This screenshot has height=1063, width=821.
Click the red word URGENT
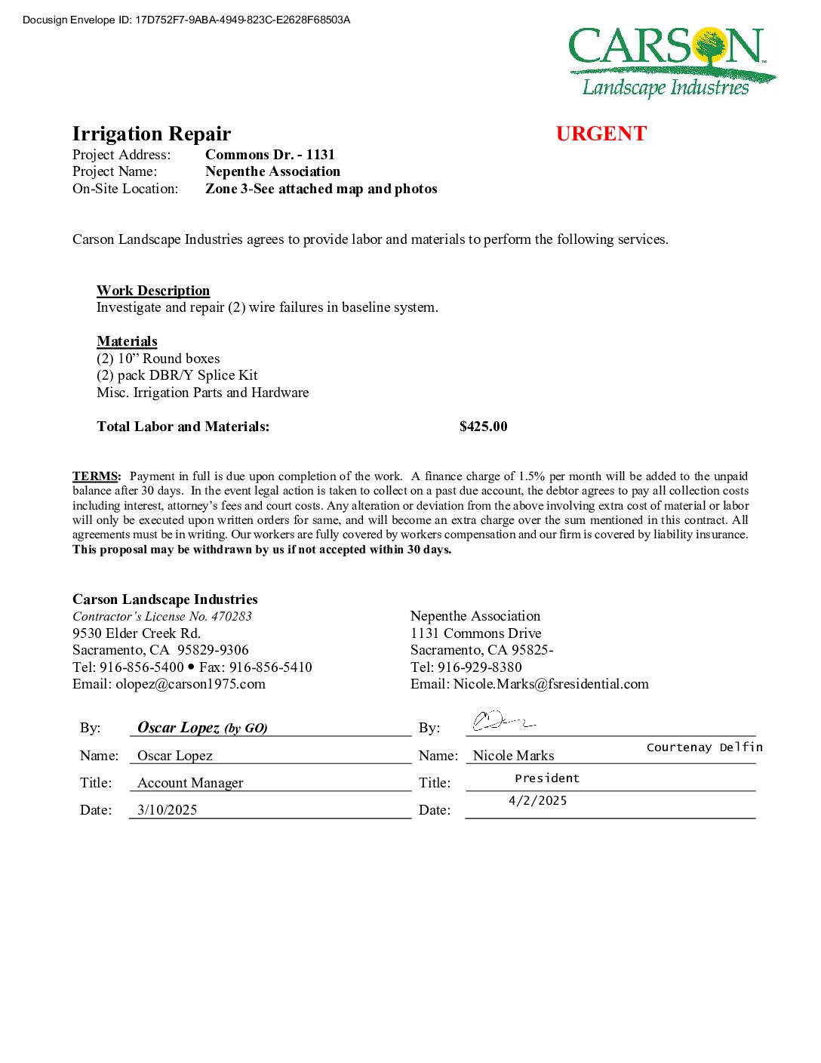click(601, 134)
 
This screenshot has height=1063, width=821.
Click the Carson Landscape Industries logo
click(671, 63)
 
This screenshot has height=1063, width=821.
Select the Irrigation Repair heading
click(152, 134)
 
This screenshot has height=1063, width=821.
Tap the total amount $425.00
click(483, 427)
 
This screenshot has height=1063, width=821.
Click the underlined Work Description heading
click(153, 291)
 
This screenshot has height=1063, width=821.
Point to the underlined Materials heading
click(127, 341)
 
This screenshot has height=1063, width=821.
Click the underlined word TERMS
click(96, 476)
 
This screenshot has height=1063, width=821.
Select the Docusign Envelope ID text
click(186, 20)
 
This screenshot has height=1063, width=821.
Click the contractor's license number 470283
click(232, 616)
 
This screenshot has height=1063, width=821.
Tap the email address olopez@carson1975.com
click(190, 684)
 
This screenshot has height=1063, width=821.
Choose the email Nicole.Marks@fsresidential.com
click(551, 684)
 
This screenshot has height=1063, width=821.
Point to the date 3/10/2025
click(168, 810)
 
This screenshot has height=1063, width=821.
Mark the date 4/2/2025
click(537, 800)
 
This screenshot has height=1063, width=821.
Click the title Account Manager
click(190, 783)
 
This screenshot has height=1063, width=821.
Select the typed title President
click(547, 778)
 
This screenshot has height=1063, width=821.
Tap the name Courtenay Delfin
click(704, 747)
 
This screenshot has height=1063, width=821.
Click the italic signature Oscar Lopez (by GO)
click(202, 728)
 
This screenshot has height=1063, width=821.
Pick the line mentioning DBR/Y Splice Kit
click(177, 375)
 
